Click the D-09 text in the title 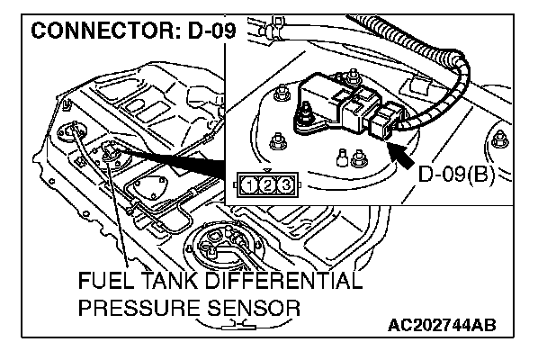click(206, 34)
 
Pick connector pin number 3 click(284, 186)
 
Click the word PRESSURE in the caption click(144, 309)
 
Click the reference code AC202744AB click(444, 324)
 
